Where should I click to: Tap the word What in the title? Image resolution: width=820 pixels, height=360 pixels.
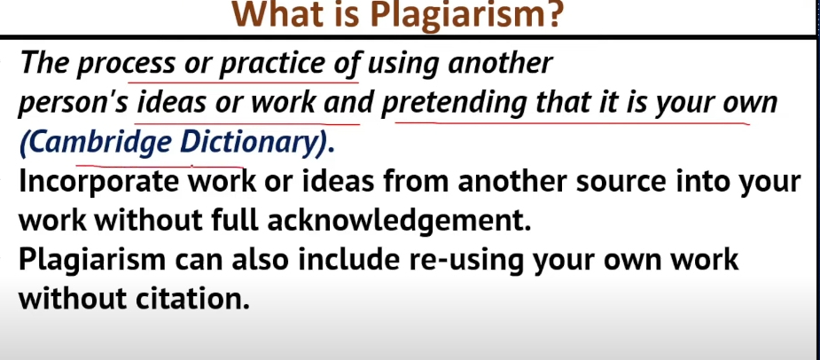(281, 15)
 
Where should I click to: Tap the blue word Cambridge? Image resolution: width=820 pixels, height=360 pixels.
(97, 143)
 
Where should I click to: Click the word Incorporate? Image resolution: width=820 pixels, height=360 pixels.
(100, 182)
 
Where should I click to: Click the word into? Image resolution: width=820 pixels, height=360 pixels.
(699, 182)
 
